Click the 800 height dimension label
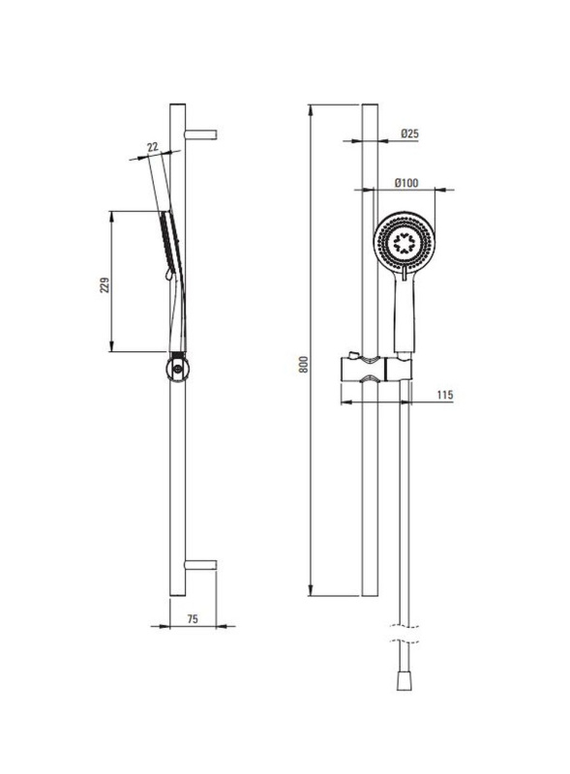pos(304,364)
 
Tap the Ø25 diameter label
pos(410,134)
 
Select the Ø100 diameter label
pos(406,183)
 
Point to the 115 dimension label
pos(445,395)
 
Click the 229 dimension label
pos(105,284)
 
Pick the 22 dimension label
pos(153,147)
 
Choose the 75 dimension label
pos(193,618)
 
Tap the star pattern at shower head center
pos(405,243)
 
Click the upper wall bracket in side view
pos(200,134)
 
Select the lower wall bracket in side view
pos(200,565)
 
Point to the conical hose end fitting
pos(404,681)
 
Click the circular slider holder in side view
pos(177,369)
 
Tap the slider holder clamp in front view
pos(375,369)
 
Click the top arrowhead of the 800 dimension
pos(311,110)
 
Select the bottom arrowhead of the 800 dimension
pos(311,590)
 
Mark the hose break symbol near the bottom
pos(405,634)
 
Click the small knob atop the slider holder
pos(353,355)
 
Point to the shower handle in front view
pos(405,311)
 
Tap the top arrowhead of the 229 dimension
pos(112,218)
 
